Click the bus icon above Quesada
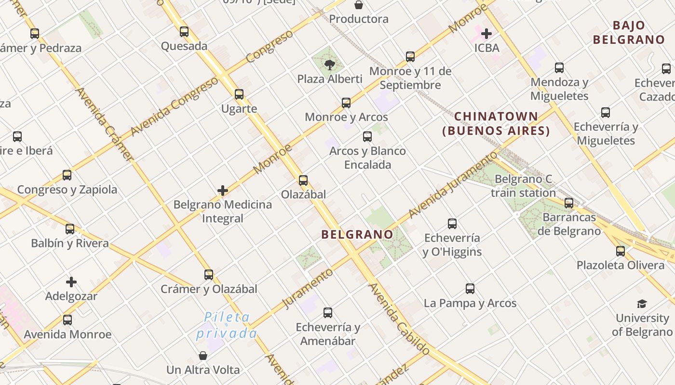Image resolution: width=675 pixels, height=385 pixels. pos(184,32)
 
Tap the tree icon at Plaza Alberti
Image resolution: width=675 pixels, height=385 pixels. pos(330,64)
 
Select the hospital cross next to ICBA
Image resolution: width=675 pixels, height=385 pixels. pos(486,34)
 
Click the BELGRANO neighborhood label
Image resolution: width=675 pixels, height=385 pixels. pos(357,234)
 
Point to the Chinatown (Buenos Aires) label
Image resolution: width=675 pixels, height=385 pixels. pos(496,124)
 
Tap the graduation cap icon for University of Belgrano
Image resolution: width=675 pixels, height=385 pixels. pos(642,304)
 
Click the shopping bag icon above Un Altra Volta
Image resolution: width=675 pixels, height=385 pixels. pos(203,356)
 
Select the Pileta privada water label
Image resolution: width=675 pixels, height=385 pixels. pos(227,325)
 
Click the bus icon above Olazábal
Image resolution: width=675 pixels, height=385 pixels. pos(303,180)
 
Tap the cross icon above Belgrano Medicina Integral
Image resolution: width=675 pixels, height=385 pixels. pos(223,191)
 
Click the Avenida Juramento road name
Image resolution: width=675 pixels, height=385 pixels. pos(452,185)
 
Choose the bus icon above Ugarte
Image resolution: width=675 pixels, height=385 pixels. pos(239,94)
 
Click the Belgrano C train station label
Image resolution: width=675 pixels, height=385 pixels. pos(523,186)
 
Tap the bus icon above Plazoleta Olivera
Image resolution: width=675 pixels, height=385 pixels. pos(621,251)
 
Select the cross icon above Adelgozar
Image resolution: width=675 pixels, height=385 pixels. pos(71,282)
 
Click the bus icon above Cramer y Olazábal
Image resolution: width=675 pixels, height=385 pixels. pos(209,275)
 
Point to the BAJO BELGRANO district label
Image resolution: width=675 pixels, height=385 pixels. pos(629,33)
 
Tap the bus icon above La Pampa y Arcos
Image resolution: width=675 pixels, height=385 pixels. pos(470,289)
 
